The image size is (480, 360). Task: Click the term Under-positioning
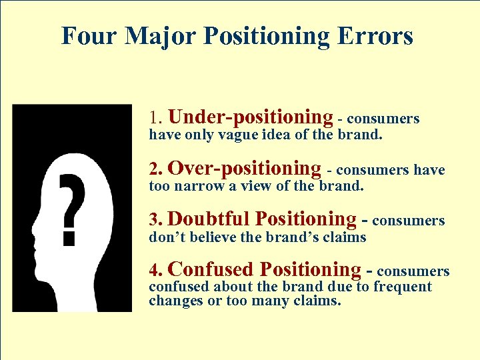[x=251, y=118]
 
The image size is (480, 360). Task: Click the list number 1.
[x=155, y=119]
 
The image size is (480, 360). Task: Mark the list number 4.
[x=155, y=271]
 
